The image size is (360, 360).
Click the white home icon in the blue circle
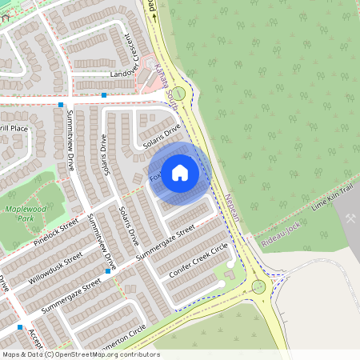point(180,172)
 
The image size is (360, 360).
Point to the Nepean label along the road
point(232,207)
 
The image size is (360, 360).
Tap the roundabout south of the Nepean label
point(258,286)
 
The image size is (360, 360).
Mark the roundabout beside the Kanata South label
point(179,94)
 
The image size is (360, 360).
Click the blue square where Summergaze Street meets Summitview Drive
point(107,271)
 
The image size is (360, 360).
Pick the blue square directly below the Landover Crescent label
point(104,94)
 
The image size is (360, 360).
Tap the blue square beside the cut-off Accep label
point(20,326)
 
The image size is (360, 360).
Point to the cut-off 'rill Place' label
point(14,128)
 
